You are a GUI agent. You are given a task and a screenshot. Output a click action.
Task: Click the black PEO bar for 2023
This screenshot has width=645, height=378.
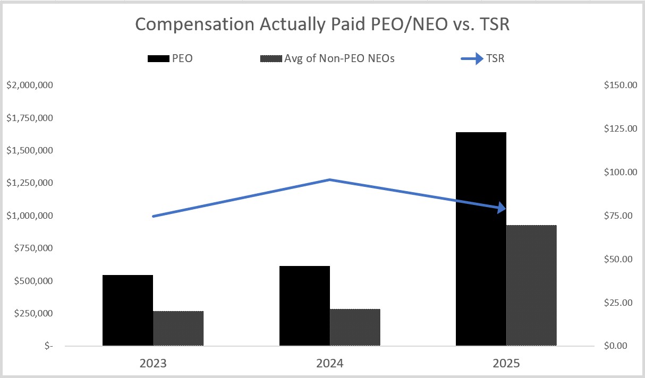(x=128, y=310)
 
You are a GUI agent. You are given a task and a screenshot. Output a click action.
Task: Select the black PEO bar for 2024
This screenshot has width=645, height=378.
(x=304, y=305)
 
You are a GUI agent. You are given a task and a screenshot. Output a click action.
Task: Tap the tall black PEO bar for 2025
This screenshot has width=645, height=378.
(x=481, y=239)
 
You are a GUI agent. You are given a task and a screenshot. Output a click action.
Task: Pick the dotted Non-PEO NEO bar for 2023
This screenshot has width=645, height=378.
(x=178, y=328)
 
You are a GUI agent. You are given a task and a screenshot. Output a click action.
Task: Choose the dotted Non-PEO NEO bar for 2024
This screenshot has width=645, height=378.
(x=355, y=327)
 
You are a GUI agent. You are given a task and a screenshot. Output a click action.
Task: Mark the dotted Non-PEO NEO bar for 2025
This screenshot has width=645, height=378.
(x=531, y=285)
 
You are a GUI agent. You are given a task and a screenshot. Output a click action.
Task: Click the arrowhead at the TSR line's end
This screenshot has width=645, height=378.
(x=502, y=208)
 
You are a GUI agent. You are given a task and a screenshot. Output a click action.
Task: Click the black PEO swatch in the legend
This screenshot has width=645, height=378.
(x=158, y=59)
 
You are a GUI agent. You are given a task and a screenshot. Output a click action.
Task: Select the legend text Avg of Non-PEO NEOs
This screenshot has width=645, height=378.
(x=339, y=58)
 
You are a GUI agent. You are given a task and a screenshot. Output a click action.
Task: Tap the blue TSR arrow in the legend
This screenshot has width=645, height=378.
(x=472, y=59)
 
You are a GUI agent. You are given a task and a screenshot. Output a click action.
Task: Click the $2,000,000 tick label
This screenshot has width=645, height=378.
(x=30, y=85)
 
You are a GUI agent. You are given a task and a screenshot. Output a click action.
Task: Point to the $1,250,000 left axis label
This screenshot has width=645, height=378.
(x=30, y=183)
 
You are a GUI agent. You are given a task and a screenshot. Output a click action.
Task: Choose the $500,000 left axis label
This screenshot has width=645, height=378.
(x=33, y=281)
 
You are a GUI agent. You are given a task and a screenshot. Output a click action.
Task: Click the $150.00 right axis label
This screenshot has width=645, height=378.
(x=621, y=85)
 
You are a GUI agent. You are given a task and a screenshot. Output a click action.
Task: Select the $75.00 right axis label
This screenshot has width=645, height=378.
(x=618, y=216)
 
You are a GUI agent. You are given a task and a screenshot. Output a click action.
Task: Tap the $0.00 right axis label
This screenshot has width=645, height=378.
(x=616, y=346)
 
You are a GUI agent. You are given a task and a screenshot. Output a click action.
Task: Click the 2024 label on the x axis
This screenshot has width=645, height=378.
(x=330, y=363)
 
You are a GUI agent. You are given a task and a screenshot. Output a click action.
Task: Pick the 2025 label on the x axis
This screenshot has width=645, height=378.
(x=506, y=363)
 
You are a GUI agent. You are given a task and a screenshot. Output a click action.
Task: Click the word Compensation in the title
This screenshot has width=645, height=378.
(x=194, y=24)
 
